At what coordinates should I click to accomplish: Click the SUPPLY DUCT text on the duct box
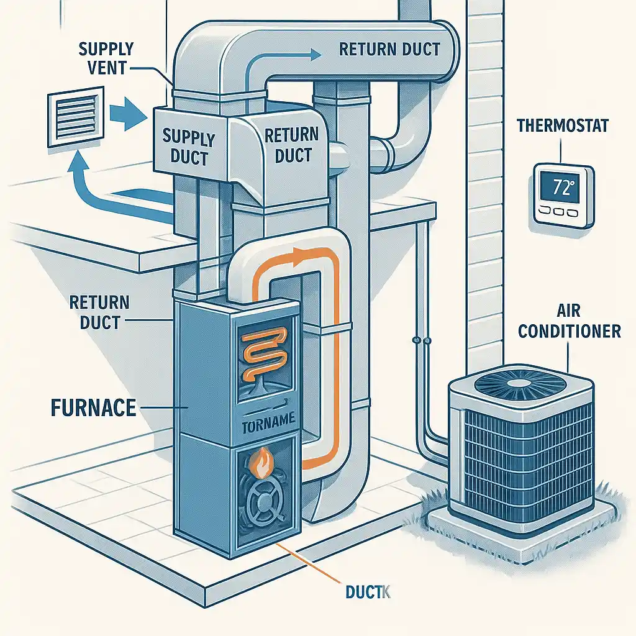click(188, 147)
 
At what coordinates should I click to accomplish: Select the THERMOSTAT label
click(562, 126)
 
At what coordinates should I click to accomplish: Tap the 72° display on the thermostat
click(560, 188)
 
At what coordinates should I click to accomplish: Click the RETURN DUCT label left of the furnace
click(99, 312)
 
